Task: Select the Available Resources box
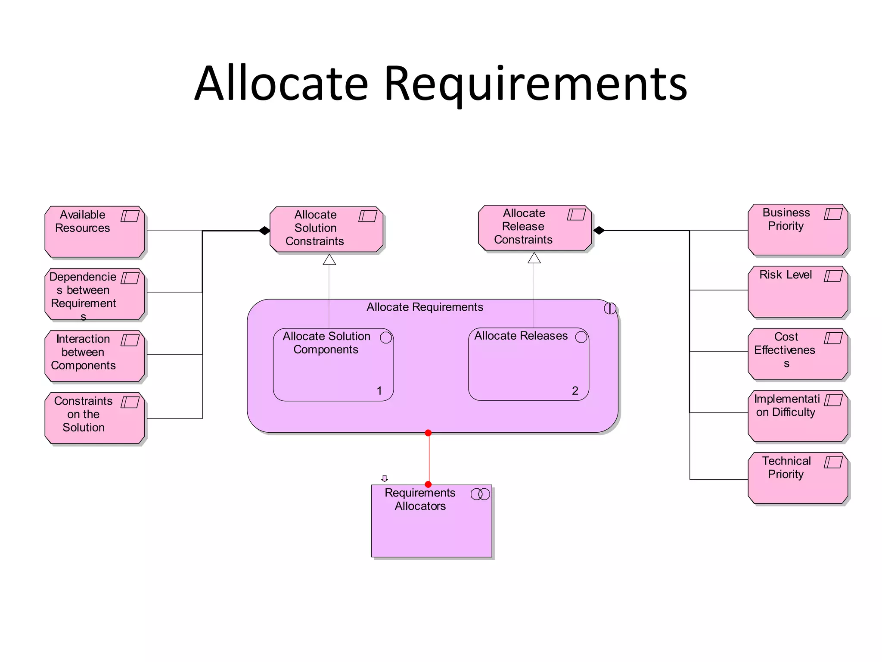[95, 232]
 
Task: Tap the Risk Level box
[798, 292]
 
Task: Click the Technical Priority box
[798, 478]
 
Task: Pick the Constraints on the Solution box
[95, 418]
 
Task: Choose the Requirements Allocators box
[431, 521]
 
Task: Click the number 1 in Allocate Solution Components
[379, 391]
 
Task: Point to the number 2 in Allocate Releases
[575, 390]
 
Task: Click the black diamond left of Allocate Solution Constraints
[264, 231]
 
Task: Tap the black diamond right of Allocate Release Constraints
[599, 230]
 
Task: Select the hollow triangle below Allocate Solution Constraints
[329, 259]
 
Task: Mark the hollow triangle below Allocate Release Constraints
[534, 258]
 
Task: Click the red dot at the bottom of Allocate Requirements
[428, 433]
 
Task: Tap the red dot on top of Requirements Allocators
[428, 484]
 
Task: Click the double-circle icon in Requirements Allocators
[480, 494]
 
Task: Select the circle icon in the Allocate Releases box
[581, 337]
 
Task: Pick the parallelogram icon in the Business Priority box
[833, 214]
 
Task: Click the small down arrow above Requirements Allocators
[385, 478]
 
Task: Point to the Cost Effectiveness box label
[785, 350]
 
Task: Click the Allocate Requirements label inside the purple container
[425, 307]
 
